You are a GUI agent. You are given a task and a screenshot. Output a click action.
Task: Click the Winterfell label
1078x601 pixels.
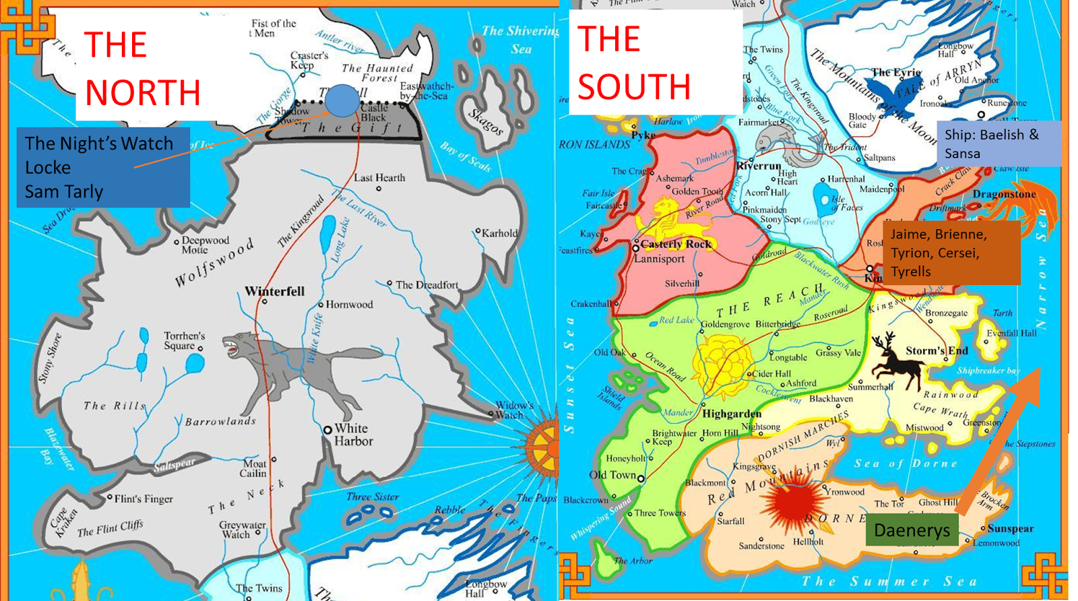(274, 292)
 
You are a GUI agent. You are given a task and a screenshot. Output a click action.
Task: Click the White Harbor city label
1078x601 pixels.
(352, 435)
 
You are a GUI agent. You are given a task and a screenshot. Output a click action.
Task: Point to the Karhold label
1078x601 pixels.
(499, 233)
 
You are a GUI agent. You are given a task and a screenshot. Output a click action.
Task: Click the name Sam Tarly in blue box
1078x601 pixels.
(64, 192)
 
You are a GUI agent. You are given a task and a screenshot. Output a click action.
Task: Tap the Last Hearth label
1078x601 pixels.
(379, 178)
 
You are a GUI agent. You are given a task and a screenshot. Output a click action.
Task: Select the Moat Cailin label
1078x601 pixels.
(254, 468)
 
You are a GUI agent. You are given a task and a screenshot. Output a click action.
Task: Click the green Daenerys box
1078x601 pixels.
(912, 530)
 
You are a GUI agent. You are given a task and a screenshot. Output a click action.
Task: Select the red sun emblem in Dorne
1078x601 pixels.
(795, 502)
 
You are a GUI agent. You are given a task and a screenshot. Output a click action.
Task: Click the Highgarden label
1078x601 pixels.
(732, 414)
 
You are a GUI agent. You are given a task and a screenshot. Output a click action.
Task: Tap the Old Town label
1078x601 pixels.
(612, 475)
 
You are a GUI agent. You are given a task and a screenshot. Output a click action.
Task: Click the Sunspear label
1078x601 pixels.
(1011, 529)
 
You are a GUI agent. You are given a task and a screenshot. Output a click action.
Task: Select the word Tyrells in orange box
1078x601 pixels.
(911, 272)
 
